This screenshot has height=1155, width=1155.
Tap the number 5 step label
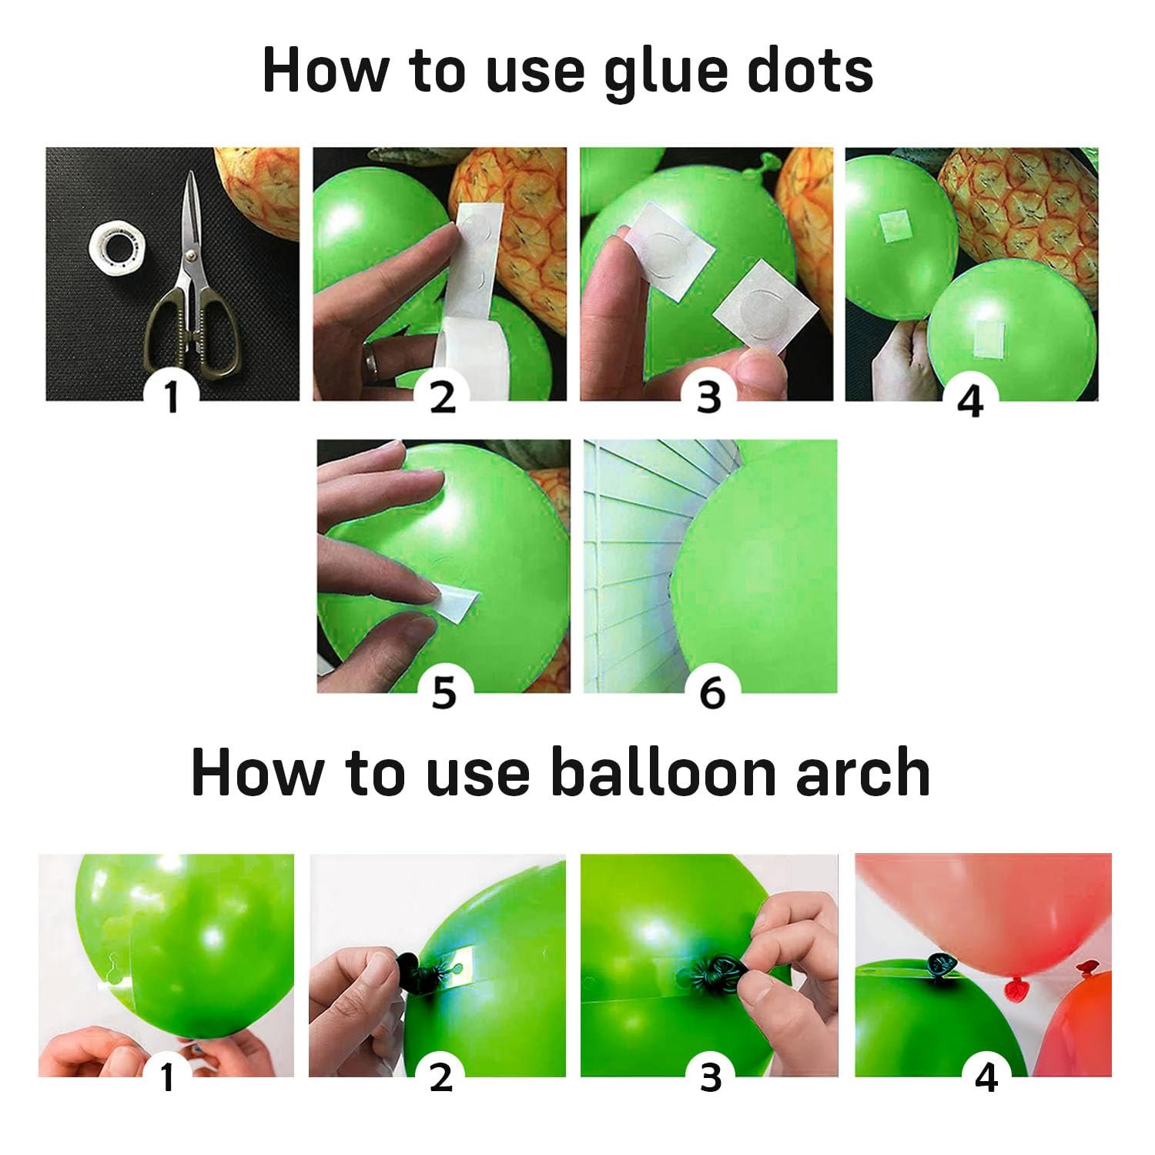click(444, 694)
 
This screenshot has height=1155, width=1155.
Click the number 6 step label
click(711, 694)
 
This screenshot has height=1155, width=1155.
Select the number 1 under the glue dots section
click(172, 397)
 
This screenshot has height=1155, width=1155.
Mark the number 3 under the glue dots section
click(708, 397)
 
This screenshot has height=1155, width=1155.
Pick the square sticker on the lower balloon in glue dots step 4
click(988, 339)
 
